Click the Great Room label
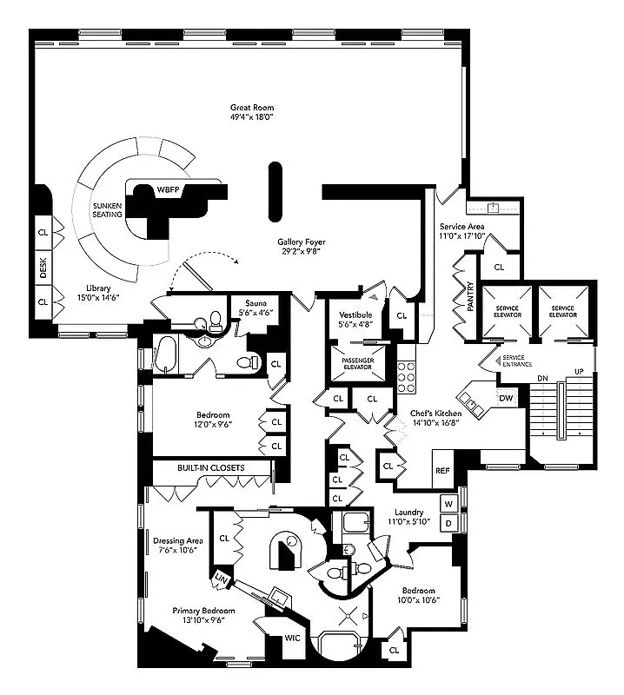pyautogui.click(x=252, y=109)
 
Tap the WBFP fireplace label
pyautogui.click(x=166, y=189)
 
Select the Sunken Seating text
pyautogui.click(x=108, y=210)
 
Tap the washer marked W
pyautogui.click(x=449, y=503)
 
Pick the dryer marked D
pyautogui.click(x=449, y=523)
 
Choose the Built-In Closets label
pyautogui.click(x=211, y=468)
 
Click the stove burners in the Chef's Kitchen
pyautogui.click(x=407, y=376)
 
